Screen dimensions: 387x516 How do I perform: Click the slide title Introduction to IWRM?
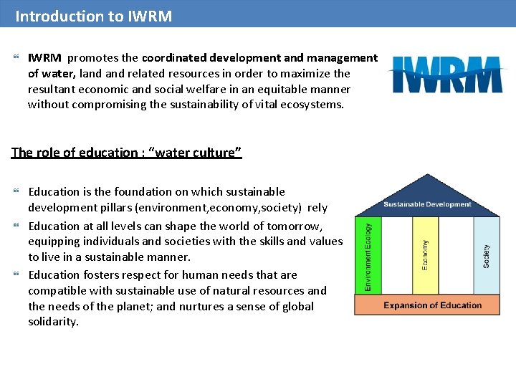pos(94,16)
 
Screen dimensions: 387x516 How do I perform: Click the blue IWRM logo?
pos(446,75)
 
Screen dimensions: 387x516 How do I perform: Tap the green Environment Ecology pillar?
pos(368,256)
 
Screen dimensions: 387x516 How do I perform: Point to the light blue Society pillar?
pos(486,256)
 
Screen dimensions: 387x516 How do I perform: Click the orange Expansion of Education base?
pos(432,305)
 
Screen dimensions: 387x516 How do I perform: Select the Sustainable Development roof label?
pos(427,204)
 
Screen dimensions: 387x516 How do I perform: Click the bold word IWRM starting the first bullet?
pos(44,58)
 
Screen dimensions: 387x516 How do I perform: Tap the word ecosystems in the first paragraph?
pos(311,105)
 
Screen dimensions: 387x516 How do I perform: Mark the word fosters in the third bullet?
pos(100,274)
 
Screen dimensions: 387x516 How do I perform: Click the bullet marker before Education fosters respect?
pos(16,275)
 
